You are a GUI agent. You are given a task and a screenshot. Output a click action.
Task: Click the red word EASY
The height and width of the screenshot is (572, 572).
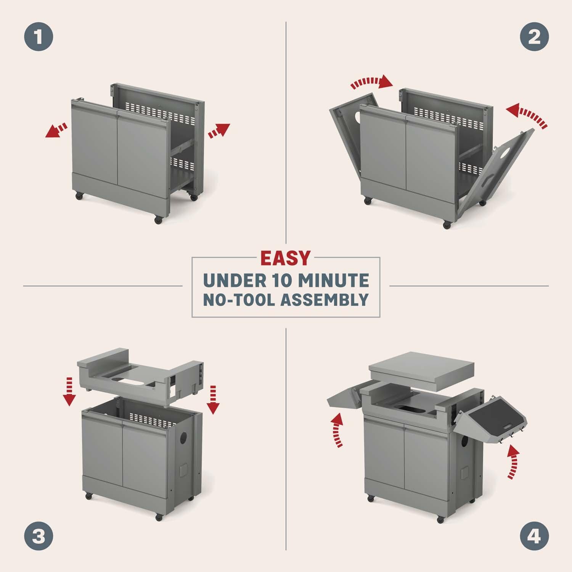tap(285, 258)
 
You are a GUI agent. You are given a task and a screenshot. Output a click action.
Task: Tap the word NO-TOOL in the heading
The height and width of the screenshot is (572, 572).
tap(239, 300)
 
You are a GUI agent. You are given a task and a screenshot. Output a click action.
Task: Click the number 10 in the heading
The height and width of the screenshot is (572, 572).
tap(279, 281)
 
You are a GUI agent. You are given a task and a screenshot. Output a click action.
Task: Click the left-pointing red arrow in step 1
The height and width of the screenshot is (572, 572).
tap(56, 130)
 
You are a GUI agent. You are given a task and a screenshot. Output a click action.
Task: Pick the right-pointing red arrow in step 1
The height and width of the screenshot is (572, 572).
tap(219, 130)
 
